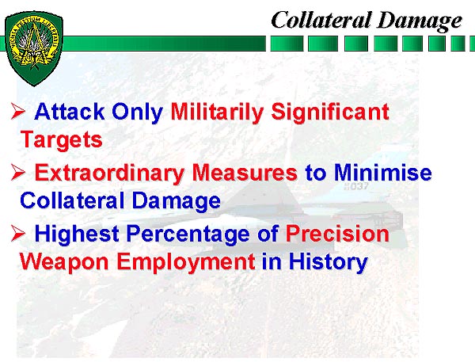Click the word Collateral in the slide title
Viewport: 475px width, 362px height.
pos(321,20)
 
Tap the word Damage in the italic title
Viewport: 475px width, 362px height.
pos(420,21)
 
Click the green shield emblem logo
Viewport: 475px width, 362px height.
pos(34,48)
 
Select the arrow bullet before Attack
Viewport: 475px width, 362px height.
pos(18,111)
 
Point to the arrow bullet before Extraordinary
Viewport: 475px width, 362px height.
pos(18,172)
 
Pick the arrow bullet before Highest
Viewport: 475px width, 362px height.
pos(18,234)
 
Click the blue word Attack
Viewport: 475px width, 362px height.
pos(70,111)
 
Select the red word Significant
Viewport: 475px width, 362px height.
pos(330,112)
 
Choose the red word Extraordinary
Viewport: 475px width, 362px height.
pos(109,173)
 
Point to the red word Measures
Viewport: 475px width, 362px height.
pos(245,173)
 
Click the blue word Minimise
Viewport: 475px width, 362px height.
pos(382,172)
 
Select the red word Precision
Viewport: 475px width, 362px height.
pos(337,234)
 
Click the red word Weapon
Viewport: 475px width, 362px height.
pos(64,262)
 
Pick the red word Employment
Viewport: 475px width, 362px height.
pos(186,262)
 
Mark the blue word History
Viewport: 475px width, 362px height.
pos(328,262)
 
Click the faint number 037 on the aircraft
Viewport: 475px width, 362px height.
pos(356,186)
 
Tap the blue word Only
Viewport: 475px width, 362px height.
pos(137,112)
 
